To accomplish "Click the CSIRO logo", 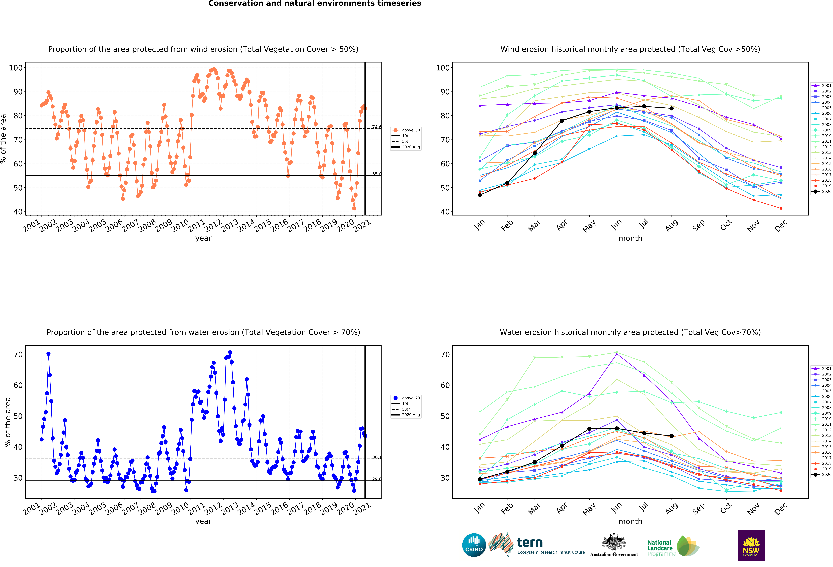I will [474, 545].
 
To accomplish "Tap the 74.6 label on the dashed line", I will [376, 127].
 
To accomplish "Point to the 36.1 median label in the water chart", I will [376, 457].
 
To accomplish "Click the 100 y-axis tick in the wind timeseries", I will [16, 68].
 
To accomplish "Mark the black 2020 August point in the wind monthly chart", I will [671, 108].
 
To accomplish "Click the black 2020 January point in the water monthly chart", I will [480, 479].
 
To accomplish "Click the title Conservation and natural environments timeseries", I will [315, 4].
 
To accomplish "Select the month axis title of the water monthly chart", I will [630, 522].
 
